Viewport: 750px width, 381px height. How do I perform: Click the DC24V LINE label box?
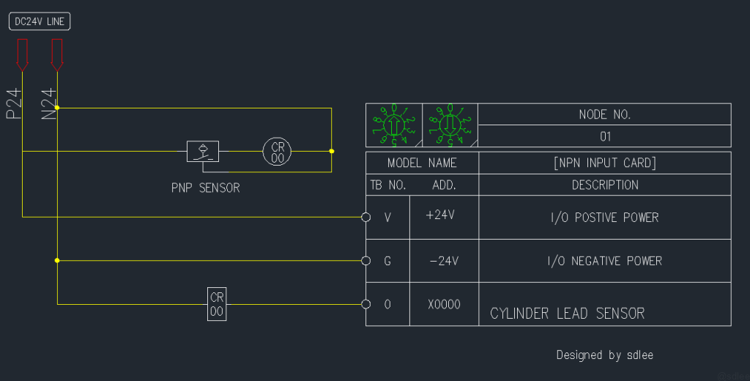40,22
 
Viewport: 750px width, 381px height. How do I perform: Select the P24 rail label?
14,104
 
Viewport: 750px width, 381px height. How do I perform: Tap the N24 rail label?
48,104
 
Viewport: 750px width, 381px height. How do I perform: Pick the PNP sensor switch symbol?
202,152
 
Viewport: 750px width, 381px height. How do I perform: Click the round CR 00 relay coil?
278,152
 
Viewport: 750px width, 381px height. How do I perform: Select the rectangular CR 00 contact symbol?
217,304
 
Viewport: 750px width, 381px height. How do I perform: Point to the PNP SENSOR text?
205,188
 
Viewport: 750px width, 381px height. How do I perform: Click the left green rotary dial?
394,125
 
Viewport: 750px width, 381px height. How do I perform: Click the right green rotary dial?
450,125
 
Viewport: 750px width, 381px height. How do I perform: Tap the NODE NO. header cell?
604,114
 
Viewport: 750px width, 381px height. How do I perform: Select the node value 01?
604,136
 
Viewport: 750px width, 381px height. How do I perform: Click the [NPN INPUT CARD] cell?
604,163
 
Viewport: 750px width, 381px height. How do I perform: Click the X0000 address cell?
444,304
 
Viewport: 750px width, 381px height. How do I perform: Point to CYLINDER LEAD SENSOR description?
567,314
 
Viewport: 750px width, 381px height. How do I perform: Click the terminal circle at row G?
365,260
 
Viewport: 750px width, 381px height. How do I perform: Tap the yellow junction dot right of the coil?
332,152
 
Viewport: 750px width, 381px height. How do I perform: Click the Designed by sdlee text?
604,355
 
